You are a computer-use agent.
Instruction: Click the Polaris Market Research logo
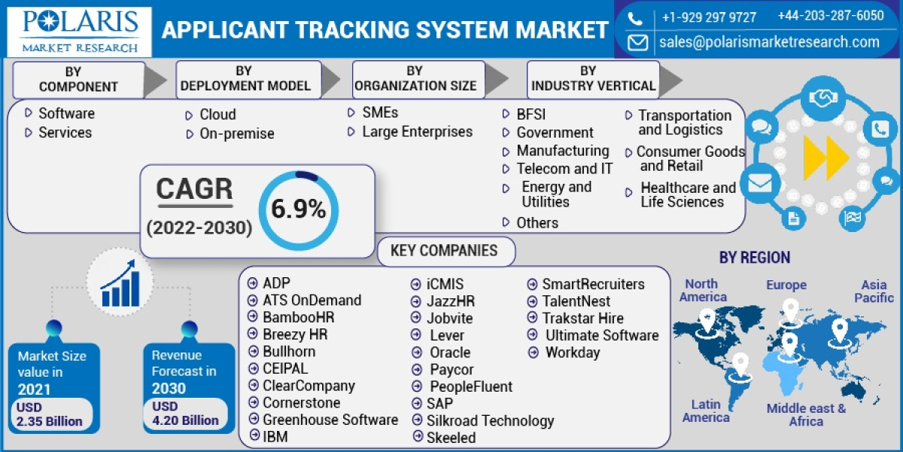pyautogui.click(x=80, y=30)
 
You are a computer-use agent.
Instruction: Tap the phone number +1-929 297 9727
pyautogui.click(x=709, y=17)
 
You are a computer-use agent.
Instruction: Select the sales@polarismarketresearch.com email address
pyautogui.click(x=769, y=42)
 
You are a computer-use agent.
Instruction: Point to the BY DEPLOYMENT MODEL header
pyautogui.click(x=245, y=78)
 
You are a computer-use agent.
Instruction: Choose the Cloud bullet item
pyautogui.click(x=217, y=115)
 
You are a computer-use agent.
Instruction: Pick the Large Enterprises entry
pyautogui.click(x=417, y=132)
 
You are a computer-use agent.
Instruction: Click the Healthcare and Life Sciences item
pyautogui.click(x=688, y=194)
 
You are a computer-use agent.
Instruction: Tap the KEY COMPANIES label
pyautogui.click(x=444, y=251)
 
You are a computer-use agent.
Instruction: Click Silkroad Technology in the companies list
pyautogui.click(x=490, y=420)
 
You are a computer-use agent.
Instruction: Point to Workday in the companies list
pyautogui.click(x=573, y=353)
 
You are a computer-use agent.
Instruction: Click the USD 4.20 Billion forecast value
pyautogui.click(x=184, y=414)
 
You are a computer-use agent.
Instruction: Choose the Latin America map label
pyautogui.click(x=706, y=411)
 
